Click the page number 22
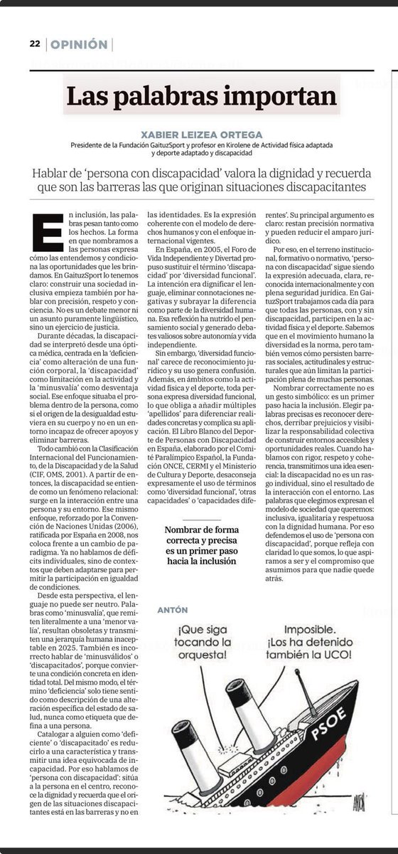coord(34,44)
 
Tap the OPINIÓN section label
coord(79,44)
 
